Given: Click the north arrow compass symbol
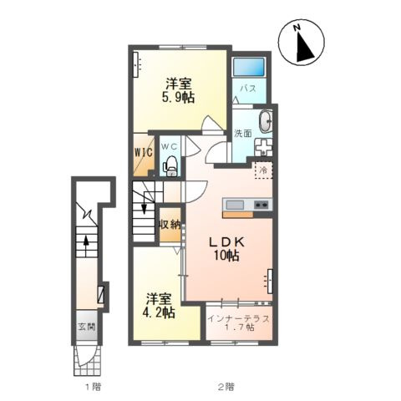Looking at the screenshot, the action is [302, 43].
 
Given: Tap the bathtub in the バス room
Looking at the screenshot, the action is [248, 67].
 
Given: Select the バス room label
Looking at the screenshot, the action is [248, 89].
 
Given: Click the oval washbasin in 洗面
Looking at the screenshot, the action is [266, 122].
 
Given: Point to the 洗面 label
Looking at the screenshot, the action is [243, 134].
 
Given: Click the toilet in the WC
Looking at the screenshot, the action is [170, 166].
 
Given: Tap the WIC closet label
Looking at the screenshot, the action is [144, 152].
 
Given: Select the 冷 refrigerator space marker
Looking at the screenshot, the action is [263, 170].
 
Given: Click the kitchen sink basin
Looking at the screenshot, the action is [235, 206].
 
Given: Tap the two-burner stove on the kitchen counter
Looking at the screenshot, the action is [262, 205].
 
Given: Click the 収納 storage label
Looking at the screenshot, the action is [170, 225].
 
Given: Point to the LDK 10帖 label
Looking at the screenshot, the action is [226, 249].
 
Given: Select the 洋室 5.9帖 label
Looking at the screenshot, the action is [179, 90].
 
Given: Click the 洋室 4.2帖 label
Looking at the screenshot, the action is [159, 306].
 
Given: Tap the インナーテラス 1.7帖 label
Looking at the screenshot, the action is [239, 323].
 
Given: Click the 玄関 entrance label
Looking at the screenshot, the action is [87, 327].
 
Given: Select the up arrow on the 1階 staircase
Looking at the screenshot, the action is [86, 242].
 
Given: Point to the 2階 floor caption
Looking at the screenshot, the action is [226, 387].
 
